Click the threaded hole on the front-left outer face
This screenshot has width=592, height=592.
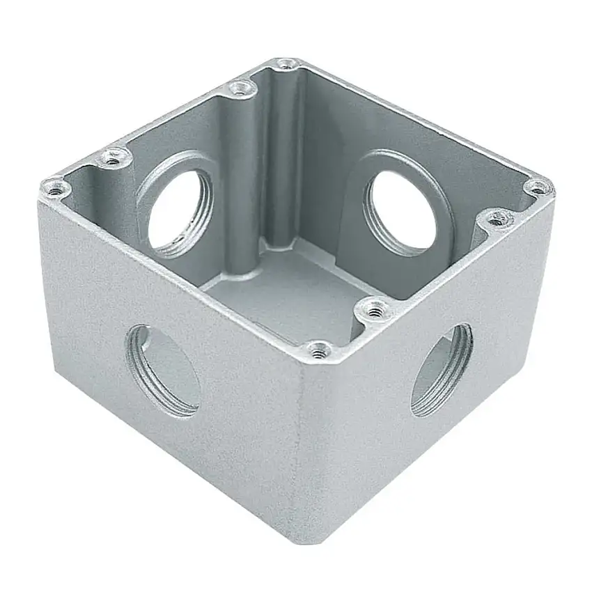click(x=163, y=371)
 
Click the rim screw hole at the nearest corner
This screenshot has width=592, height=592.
click(x=319, y=350)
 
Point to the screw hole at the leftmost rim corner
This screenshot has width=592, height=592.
click(x=54, y=187)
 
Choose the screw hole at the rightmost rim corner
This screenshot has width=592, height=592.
click(x=538, y=187)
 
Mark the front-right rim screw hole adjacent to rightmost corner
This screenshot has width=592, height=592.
click(x=495, y=219)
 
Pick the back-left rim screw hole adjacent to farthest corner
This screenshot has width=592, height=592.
click(x=241, y=88)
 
